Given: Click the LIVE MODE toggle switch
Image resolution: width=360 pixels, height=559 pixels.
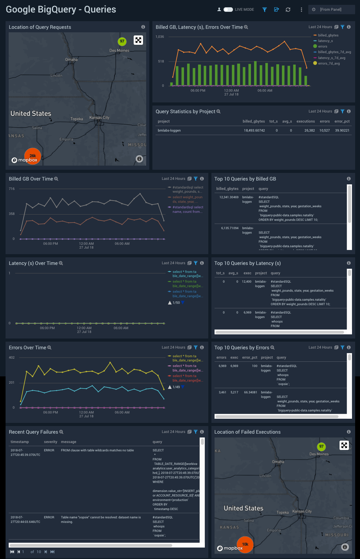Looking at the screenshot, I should (x=228, y=10).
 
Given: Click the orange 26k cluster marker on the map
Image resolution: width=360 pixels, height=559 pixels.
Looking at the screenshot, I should (x=33, y=156).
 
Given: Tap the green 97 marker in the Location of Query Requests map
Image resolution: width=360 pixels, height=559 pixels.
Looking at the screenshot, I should (x=122, y=41).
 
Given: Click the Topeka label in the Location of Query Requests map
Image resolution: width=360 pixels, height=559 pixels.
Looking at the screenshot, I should (x=77, y=119).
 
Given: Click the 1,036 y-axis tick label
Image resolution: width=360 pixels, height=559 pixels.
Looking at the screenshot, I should (x=160, y=37).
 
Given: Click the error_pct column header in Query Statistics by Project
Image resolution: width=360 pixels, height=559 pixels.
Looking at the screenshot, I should (x=342, y=122).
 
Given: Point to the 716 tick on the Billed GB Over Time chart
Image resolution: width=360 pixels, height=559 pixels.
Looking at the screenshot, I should (x=12, y=189).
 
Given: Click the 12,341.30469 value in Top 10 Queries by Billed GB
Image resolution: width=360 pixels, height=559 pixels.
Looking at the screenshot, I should (x=229, y=197).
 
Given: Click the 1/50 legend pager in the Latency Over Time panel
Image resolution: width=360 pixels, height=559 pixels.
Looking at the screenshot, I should (x=176, y=303).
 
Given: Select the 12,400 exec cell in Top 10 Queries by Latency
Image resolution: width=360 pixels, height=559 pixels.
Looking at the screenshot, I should (x=246, y=282).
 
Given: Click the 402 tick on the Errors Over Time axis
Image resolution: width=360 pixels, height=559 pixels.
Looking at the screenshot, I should (x=12, y=358).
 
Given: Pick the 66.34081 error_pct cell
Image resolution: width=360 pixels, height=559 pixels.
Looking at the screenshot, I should (x=250, y=392).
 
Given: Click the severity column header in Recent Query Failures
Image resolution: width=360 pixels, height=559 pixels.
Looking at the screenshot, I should (x=50, y=442).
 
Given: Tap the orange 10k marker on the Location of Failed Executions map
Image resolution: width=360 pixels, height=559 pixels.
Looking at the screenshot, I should (x=245, y=544).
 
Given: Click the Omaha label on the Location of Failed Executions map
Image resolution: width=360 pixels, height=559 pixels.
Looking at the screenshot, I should (x=278, y=462).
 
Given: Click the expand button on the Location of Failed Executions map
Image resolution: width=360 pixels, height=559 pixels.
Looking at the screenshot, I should (x=344, y=445).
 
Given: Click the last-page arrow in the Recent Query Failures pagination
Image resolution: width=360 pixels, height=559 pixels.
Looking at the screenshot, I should (x=52, y=552).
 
